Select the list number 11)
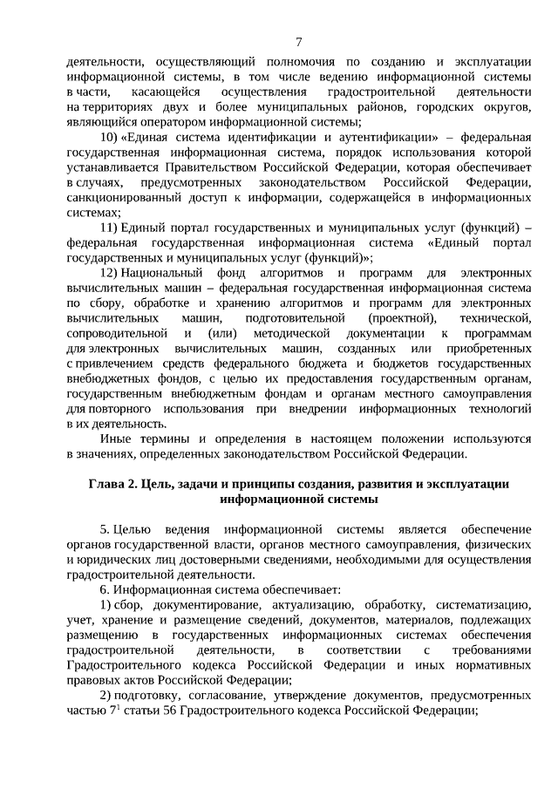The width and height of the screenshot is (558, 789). click(x=108, y=228)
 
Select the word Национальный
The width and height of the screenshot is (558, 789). click(x=165, y=274)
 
